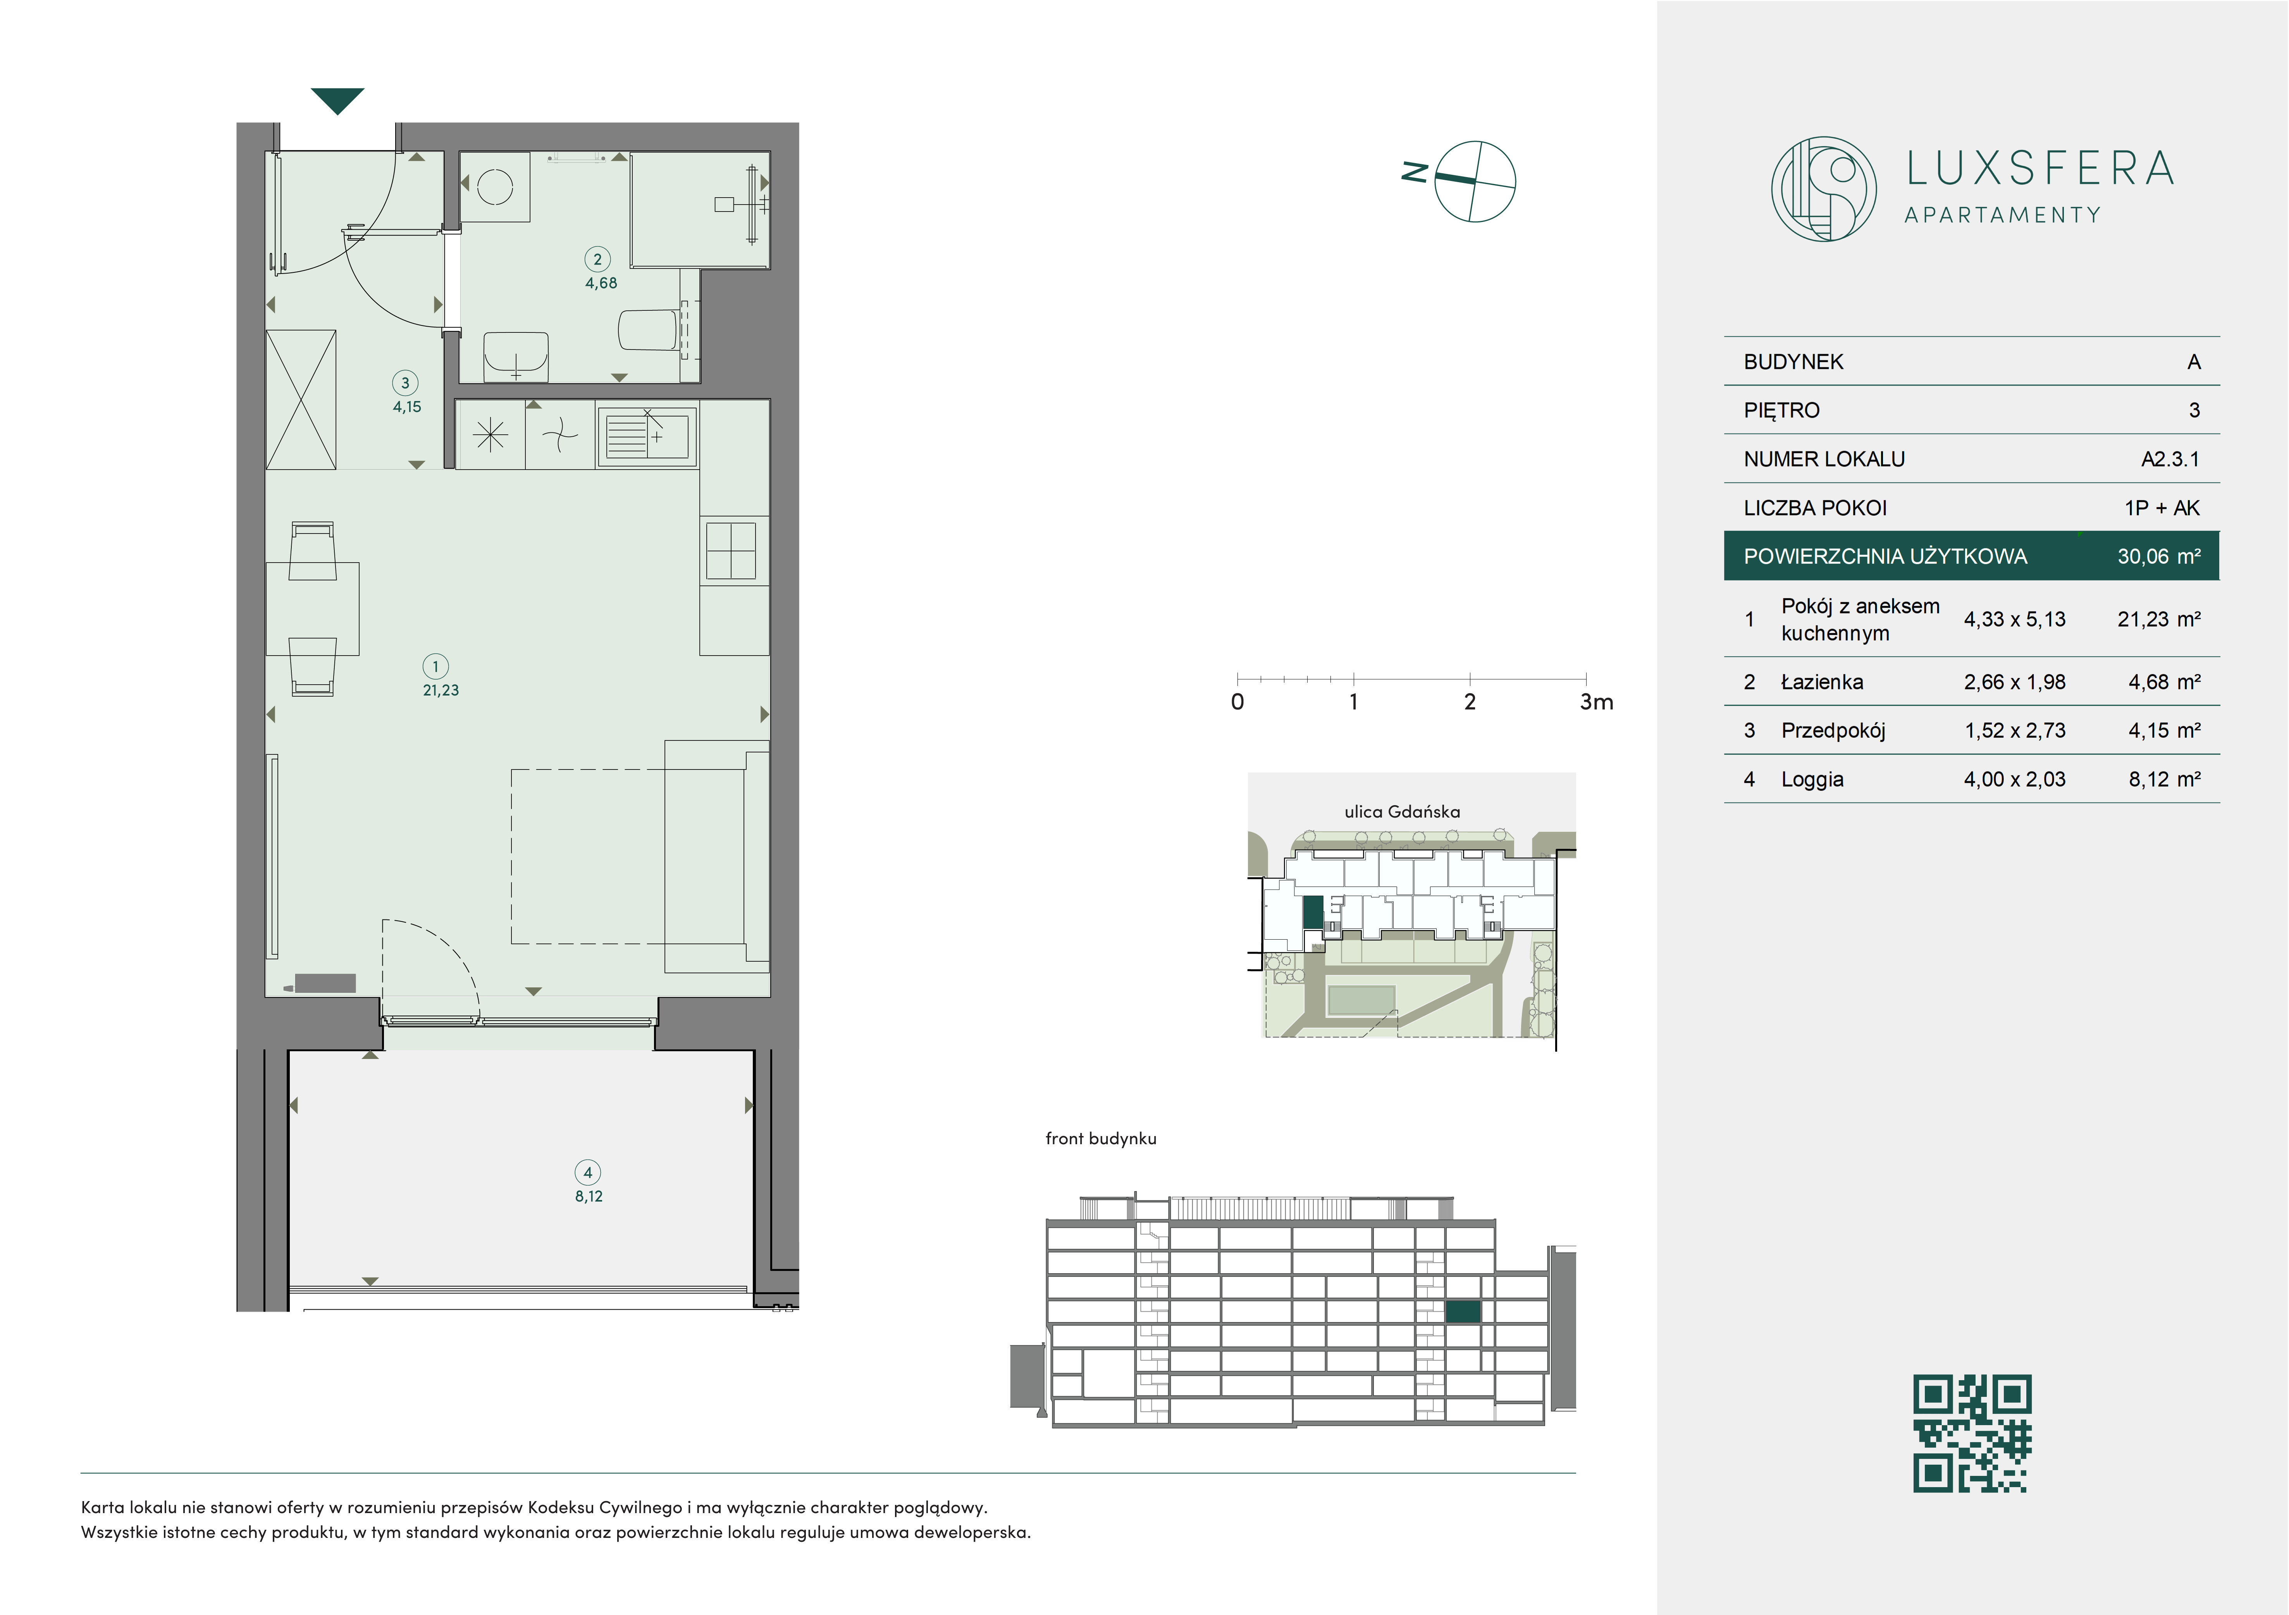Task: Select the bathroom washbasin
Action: [515, 356]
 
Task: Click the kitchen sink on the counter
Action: [646, 435]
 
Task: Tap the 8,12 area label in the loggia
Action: [588, 1196]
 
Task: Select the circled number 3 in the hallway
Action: [405, 383]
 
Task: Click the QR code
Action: [1972, 1434]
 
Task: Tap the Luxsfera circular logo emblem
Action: [1823, 188]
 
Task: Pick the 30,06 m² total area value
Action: [2158, 556]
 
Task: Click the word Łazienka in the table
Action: [1821, 682]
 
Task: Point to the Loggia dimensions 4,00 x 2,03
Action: [2014, 780]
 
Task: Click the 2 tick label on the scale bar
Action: [1470, 702]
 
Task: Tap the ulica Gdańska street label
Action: [1402, 811]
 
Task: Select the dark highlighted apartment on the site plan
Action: [1313, 913]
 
